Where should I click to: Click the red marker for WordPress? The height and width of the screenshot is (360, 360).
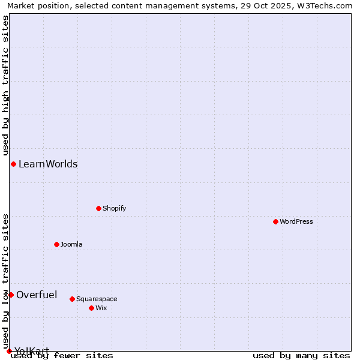click(x=275, y=221)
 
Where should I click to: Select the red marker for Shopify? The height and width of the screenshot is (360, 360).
click(x=98, y=208)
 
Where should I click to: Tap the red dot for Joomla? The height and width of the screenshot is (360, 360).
click(x=56, y=244)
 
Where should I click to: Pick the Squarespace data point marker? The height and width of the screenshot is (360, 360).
click(x=72, y=299)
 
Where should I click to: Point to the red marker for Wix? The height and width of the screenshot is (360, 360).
click(x=91, y=308)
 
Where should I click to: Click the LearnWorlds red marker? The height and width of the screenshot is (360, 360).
click(x=13, y=164)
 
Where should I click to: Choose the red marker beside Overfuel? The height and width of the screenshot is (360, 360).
click(x=11, y=295)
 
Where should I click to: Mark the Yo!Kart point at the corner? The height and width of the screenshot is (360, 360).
click(x=9, y=351)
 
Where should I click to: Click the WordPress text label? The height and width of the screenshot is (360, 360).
click(x=296, y=221)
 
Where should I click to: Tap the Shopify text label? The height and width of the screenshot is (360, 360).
click(x=114, y=208)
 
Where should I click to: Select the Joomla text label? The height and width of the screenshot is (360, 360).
click(x=71, y=244)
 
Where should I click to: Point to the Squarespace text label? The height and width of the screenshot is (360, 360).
click(x=97, y=299)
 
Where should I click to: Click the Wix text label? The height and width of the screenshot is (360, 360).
click(x=101, y=308)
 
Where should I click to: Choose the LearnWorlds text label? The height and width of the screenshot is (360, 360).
click(x=48, y=164)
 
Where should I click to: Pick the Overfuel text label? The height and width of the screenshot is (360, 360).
click(x=37, y=295)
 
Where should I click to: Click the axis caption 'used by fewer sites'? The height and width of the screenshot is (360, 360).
click(x=62, y=355)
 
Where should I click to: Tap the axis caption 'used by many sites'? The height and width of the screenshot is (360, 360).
click(x=301, y=355)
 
